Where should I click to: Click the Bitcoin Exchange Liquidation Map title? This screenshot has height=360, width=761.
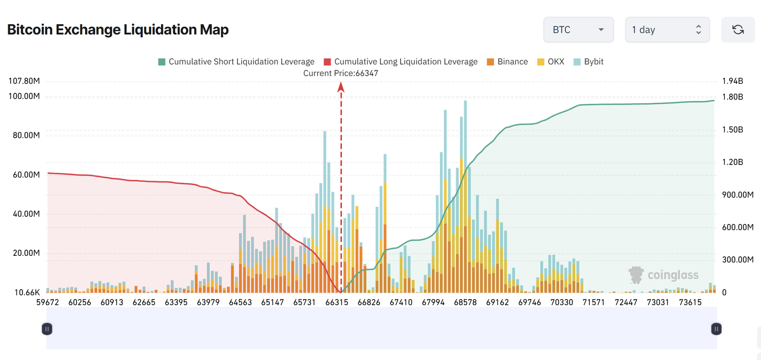[x=118, y=29]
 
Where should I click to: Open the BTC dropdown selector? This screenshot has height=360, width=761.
[x=578, y=29]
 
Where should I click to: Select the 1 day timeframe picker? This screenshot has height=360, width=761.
[x=667, y=29]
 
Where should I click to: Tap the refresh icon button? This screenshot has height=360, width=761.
[x=738, y=29]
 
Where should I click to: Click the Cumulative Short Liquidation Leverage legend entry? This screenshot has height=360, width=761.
[x=236, y=62]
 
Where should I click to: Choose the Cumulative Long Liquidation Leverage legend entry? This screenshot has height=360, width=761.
[x=400, y=62]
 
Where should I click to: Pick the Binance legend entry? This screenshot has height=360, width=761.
[x=507, y=62]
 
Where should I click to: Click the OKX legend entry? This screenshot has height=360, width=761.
[x=551, y=62]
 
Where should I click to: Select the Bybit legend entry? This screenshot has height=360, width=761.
[x=588, y=62]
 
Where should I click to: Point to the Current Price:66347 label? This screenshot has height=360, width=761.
[x=341, y=73]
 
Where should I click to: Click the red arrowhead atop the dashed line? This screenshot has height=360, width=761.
[x=341, y=87]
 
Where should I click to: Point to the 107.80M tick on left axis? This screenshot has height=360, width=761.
[x=24, y=81]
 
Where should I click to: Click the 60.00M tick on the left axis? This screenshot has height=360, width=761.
[x=26, y=175]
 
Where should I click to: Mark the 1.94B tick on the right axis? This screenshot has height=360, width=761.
[x=732, y=81]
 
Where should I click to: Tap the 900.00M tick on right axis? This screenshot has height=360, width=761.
[x=737, y=195]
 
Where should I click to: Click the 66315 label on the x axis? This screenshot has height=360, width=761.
[x=337, y=302]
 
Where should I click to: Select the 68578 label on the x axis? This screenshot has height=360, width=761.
[x=465, y=302]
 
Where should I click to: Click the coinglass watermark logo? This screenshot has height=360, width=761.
[x=663, y=275]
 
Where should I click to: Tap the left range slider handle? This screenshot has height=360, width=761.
[x=47, y=329]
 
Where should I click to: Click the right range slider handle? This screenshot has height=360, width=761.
[x=716, y=329]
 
